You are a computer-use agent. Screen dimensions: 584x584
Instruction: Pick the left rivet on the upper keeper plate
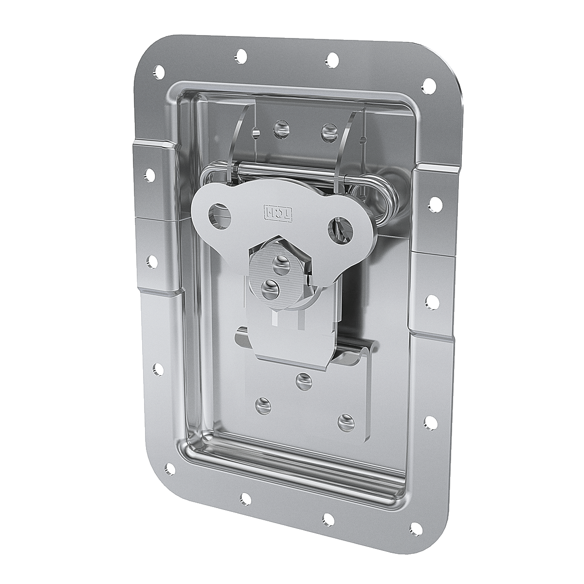tap(281, 128)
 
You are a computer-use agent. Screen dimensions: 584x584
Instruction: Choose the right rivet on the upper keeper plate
tap(329, 130)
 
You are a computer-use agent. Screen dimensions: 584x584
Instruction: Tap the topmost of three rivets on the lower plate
tap(304, 381)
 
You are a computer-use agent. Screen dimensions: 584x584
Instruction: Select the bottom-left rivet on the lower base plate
tap(263, 405)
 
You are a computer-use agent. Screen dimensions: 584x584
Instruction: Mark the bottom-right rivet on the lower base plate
tap(345, 421)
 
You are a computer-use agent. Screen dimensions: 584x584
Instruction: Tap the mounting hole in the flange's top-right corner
tap(429, 86)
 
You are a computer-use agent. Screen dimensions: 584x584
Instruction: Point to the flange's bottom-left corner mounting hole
tap(170, 469)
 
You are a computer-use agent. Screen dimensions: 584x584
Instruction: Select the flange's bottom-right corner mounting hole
tap(415, 528)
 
